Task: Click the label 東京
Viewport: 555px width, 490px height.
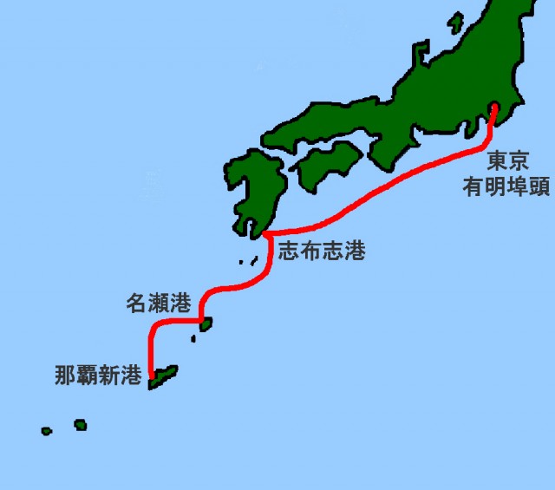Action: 504,161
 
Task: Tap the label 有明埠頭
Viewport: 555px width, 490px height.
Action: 506,186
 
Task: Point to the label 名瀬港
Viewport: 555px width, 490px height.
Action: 159,304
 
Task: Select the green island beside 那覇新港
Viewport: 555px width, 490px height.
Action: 165,376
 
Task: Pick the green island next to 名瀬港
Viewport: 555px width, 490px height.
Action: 206,324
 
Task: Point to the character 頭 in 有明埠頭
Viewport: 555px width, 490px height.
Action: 538,186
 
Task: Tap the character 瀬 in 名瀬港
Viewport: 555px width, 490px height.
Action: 159,304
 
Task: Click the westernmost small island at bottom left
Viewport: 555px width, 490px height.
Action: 46,431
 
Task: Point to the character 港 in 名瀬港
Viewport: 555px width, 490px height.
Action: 180,304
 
